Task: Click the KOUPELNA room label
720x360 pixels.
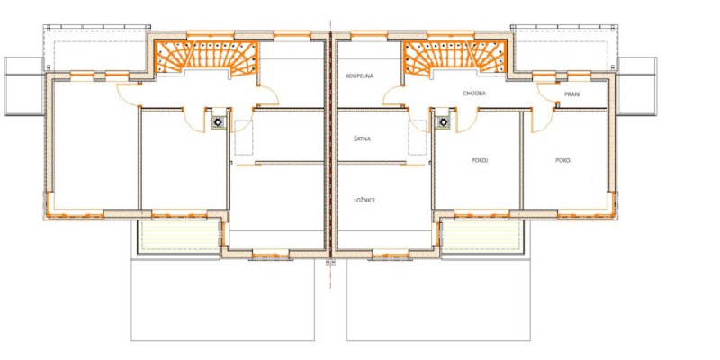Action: coord(359,76)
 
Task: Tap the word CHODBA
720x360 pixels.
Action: coord(474,94)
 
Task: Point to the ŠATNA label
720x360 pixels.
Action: coord(363,139)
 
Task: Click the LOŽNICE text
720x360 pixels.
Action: coord(364,200)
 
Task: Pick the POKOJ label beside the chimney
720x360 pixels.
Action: coord(480,161)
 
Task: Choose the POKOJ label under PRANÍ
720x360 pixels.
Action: coord(563,161)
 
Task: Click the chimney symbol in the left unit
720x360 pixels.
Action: coord(218,122)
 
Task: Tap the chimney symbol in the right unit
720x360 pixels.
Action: coord(443,122)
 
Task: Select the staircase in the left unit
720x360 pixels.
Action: coord(206,58)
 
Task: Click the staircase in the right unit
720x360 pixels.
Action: coord(454,58)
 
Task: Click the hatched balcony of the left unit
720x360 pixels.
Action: coord(180,237)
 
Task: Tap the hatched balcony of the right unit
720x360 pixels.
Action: coord(481,237)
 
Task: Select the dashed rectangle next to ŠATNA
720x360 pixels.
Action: coord(418,138)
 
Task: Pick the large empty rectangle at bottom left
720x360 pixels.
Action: coord(222,301)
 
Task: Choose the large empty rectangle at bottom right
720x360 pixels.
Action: coord(438,301)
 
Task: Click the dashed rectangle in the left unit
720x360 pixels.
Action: coord(244,138)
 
